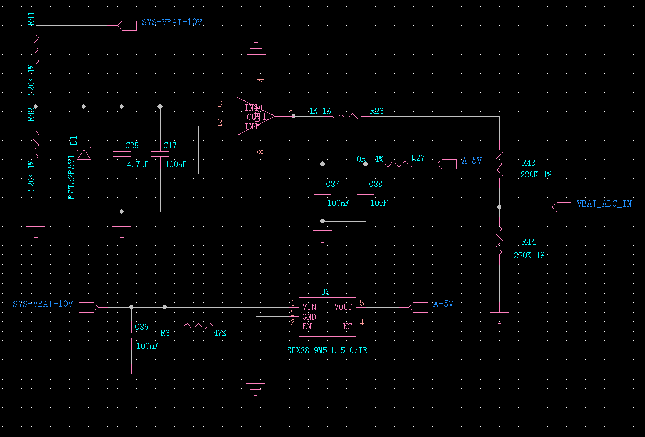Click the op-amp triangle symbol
coord(256,116)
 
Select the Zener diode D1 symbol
coord(84,154)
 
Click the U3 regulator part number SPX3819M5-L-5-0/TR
coord(328,350)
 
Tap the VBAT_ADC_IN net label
coord(604,204)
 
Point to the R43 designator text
coord(528,163)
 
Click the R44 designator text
coord(528,242)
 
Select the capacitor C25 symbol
coord(122,154)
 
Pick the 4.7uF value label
coord(137,165)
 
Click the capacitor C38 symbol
coord(366,192)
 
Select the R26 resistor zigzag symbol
coord(347,117)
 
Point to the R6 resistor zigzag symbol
coord(198,326)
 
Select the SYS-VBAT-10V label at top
coord(172,23)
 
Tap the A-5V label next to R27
coord(472,160)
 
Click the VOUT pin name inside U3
coord(343,307)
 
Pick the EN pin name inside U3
coord(307,326)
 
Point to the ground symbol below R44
coord(499,319)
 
